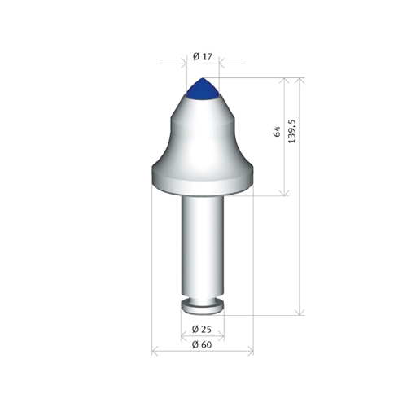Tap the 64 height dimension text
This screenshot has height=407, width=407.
click(277, 131)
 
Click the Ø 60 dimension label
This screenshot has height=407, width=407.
click(202, 344)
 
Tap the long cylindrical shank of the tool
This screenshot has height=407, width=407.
click(202, 244)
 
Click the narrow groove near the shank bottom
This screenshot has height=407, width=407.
click(202, 299)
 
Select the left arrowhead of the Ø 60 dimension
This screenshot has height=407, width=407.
click(155, 352)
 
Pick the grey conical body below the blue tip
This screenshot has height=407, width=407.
click(202, 130)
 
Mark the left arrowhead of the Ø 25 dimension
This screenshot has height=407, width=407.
click(183, 336)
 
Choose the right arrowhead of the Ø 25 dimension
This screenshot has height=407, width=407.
click(221, 336)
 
